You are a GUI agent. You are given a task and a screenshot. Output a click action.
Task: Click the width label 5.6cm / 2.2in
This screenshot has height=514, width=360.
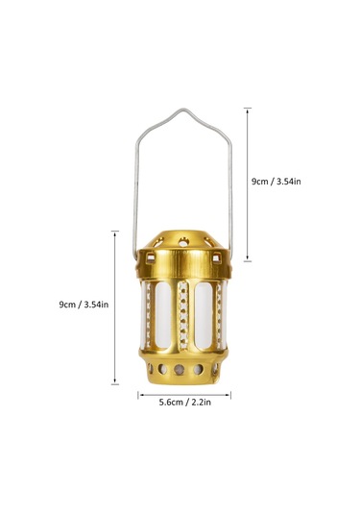pyautogui.click(x=184, y=404)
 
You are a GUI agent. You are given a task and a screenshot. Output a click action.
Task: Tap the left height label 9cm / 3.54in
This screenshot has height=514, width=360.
pyautogui.click(x=84, y=305)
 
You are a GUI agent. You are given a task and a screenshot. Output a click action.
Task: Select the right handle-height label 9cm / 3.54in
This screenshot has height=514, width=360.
pyautogui.click(x=276, y=180)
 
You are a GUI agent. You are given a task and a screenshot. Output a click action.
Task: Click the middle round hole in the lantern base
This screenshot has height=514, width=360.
pyautogui.click(x=182, y=370)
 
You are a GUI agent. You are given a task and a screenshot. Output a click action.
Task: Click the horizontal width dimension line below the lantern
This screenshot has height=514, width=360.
pyautogui.click(x=183, y=393)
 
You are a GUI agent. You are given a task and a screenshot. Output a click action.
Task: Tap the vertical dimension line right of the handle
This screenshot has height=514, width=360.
pyautogui.click(x=248, y=183)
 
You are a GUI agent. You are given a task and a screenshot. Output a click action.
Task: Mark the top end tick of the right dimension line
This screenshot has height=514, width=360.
pyautogui.click(x=248, y=108)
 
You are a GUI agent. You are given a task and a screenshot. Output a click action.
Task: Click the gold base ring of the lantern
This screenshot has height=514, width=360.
pyautogui.click(x=183, y=369)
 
